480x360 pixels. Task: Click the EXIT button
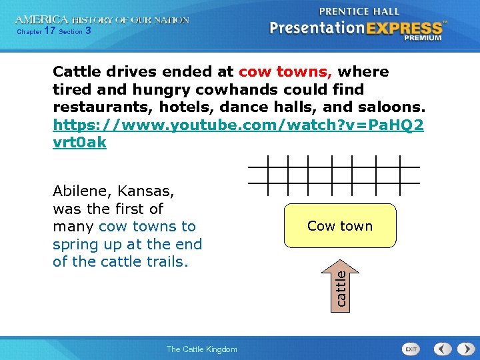point(411,349)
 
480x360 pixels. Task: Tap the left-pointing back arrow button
point(442,349)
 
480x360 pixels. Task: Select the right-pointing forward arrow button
point(463,349)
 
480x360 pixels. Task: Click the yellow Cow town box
point(340,226)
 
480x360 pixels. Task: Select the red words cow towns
point(286,72)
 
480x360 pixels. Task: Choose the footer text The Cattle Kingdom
point(201,349)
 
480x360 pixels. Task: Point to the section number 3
point(88,31)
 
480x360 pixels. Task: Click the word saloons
point(396,107)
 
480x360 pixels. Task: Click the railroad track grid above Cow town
point(333,175)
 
